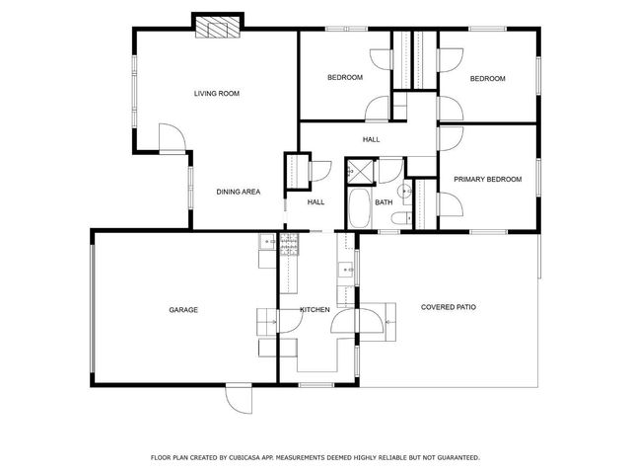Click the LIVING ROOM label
[x=217, y=94]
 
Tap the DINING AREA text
[x=238, y=192]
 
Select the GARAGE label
[x=183, y=310]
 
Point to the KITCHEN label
[x=315, y=310]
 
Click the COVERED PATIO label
[x=449, y=307]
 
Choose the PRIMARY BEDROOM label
[x=487, y=179]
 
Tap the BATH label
[x=384, y=202]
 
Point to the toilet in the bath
[x=403, y=190]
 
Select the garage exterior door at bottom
[x=238, y=397]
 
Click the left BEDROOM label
[x=345, y=77]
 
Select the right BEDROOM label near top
[x=487, y=79]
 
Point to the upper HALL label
[x=371, y=139]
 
